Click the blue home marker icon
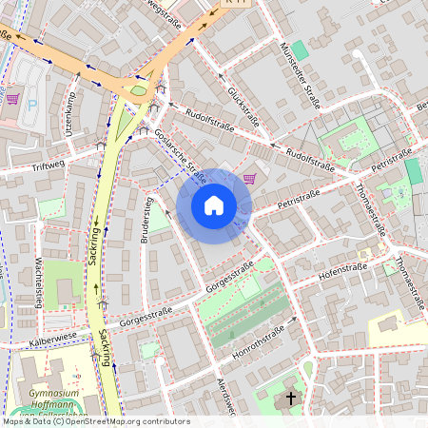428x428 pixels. [x=214, y=205]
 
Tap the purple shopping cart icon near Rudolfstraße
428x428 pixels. [x=249, y=178]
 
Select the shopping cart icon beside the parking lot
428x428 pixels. [x=12, y=98]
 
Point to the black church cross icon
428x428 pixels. [x=290, y=398]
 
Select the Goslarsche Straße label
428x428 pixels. [x=181, y=154]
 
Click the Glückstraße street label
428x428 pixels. [x=244, y=107]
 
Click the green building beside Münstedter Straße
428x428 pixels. [x=300, y=49]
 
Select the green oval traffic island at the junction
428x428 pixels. [x=139, y=90]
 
